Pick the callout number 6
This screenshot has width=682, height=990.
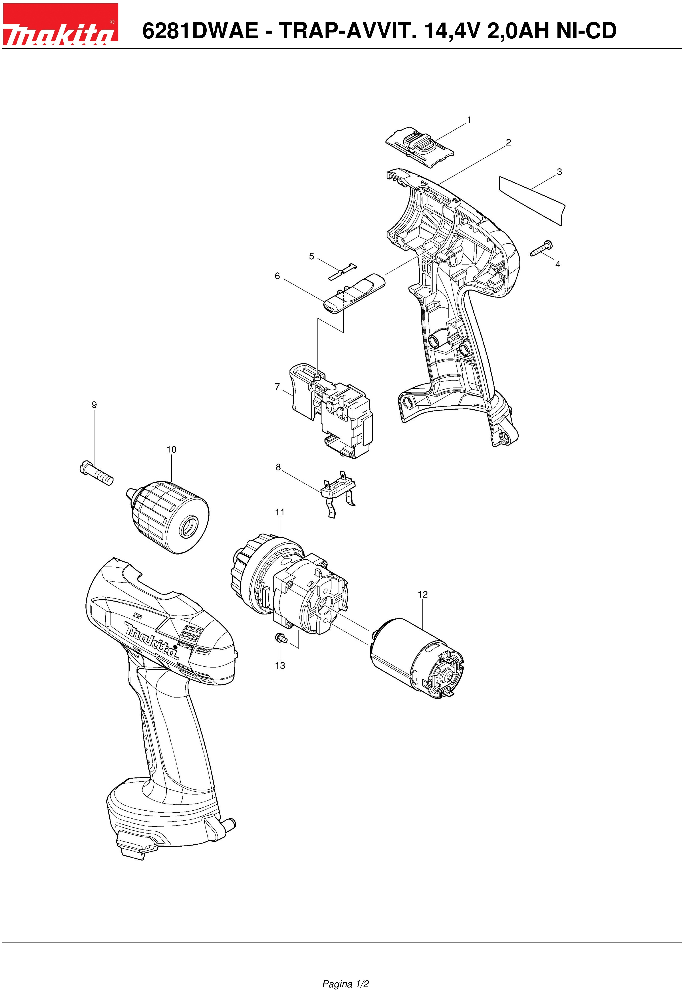coord(277,276)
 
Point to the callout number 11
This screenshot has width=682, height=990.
coord(280,512)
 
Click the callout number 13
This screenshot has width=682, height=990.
coord(280,665)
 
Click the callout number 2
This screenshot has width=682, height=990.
coord(508,143)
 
